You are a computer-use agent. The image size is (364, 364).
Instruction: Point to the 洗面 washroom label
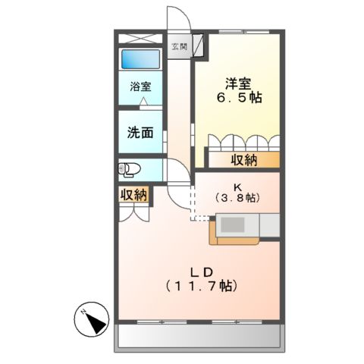[140, 131]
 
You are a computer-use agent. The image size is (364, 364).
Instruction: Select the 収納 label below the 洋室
[243, 160]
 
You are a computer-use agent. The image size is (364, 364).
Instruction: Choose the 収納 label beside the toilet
[133, 195]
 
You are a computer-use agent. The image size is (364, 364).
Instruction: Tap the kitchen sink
[233, 226]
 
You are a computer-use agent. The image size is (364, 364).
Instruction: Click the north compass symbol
[93, 321]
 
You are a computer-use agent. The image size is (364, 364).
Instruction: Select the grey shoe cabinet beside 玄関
[197, 47]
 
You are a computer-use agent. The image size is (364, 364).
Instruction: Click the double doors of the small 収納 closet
[133, 212]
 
